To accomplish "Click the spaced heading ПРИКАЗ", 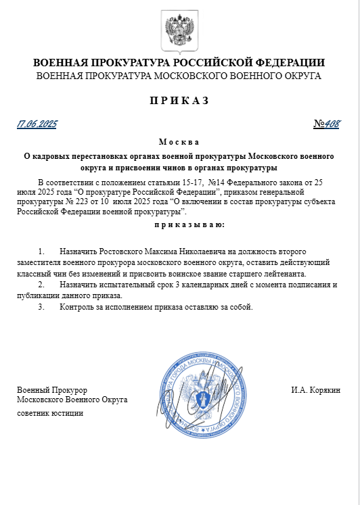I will (x=179, y=101).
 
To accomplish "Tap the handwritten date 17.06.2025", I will (x=37, y=124).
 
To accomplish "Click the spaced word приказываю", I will (x=179, y=224).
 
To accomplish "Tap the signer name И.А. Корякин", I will (x=315, y=390).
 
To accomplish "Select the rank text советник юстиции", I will (x=50, y=412).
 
